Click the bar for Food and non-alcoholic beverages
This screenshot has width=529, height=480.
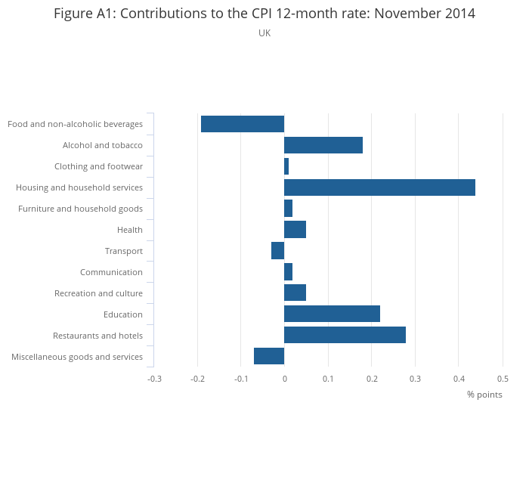click(243, 124)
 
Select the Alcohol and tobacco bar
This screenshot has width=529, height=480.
click(323, 145)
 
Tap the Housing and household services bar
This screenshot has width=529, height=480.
click(379, 187)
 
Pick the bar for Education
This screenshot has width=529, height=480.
click(332, 314)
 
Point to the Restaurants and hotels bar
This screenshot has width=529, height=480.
click(345, 335)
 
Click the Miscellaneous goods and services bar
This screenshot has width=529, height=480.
click(269, 356)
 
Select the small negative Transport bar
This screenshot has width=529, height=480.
click(278, 251)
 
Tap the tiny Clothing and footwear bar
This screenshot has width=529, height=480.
click(286, 166)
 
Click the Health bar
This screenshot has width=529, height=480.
click(295, 230)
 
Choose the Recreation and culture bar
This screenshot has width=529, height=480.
click(295, 293)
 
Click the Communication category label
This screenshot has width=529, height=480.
click(111, 272)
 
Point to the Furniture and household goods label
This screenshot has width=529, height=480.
click(80, 209)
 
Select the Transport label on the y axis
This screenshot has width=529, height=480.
click(124, 251)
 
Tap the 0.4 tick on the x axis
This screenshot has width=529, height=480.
click(459, 379)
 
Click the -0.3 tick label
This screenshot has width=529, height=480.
click(154, 379)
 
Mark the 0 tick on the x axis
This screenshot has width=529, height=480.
click(285, 379)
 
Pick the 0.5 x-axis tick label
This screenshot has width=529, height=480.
click(503, 379)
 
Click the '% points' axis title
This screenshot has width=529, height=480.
click(484, 395)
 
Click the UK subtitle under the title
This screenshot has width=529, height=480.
click(264, 33)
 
